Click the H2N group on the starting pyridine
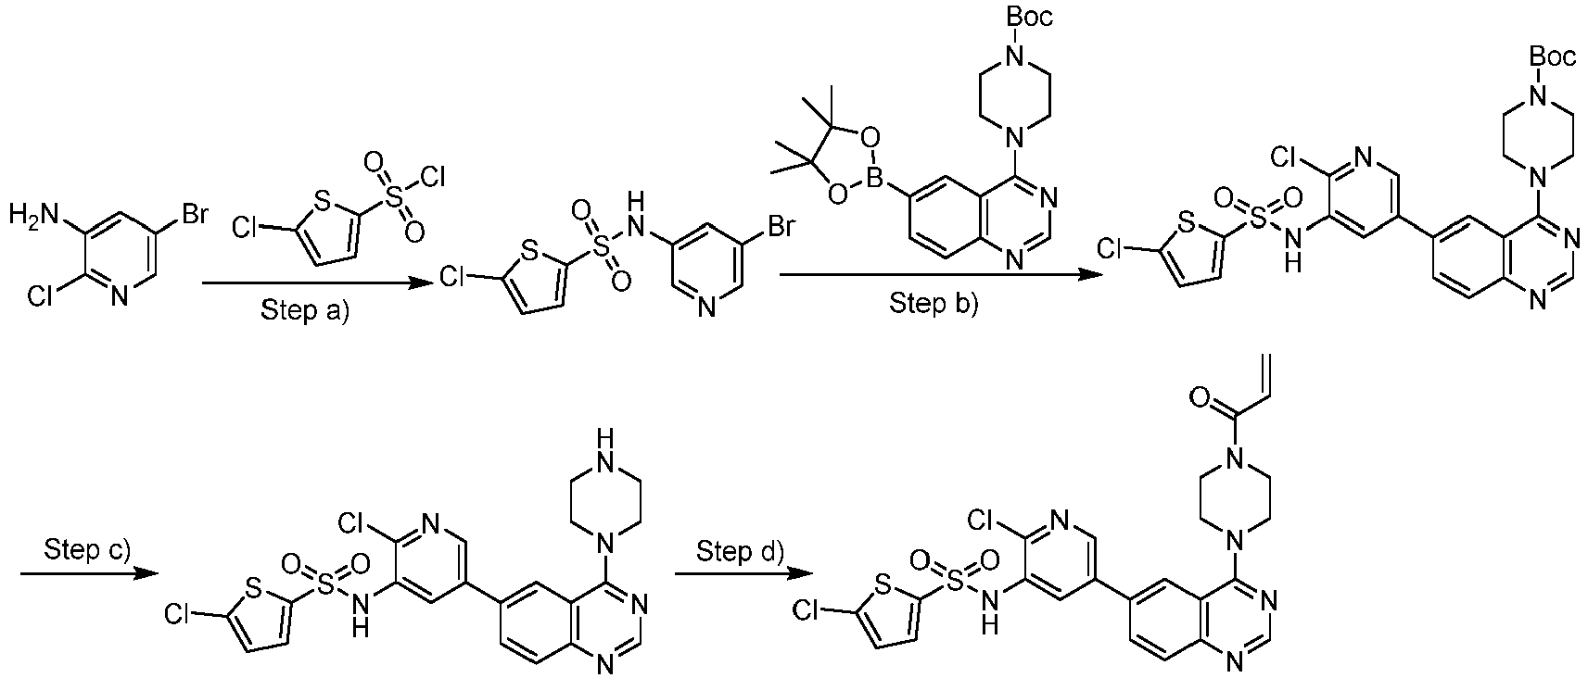click(x=31, y=218)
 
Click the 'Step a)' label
click(x=305, y=310)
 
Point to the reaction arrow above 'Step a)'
click(x=306, y=285)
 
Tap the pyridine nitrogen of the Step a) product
click(x=706, y=307)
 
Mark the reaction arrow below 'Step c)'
click(x=87, y=574)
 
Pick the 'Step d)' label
click(x=740, y=552)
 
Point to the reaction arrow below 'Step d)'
click(x=740, y=574)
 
